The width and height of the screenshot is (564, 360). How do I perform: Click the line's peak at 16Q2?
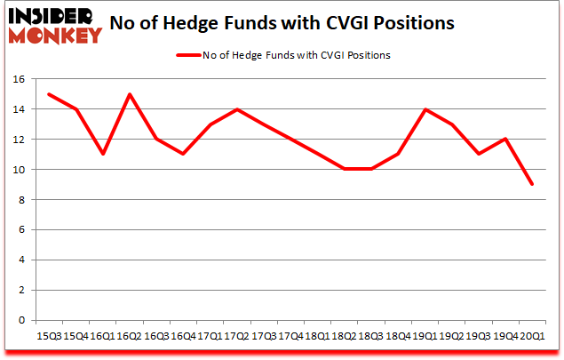coord(130,94)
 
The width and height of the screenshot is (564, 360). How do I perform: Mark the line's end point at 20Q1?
coord(532,184)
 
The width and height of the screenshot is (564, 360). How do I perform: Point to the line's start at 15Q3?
coord(49,94)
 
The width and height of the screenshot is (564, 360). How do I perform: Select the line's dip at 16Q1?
coord(103,155)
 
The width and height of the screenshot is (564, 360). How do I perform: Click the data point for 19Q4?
coord(505,139)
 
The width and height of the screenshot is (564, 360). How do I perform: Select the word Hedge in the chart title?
coord(226,23)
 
